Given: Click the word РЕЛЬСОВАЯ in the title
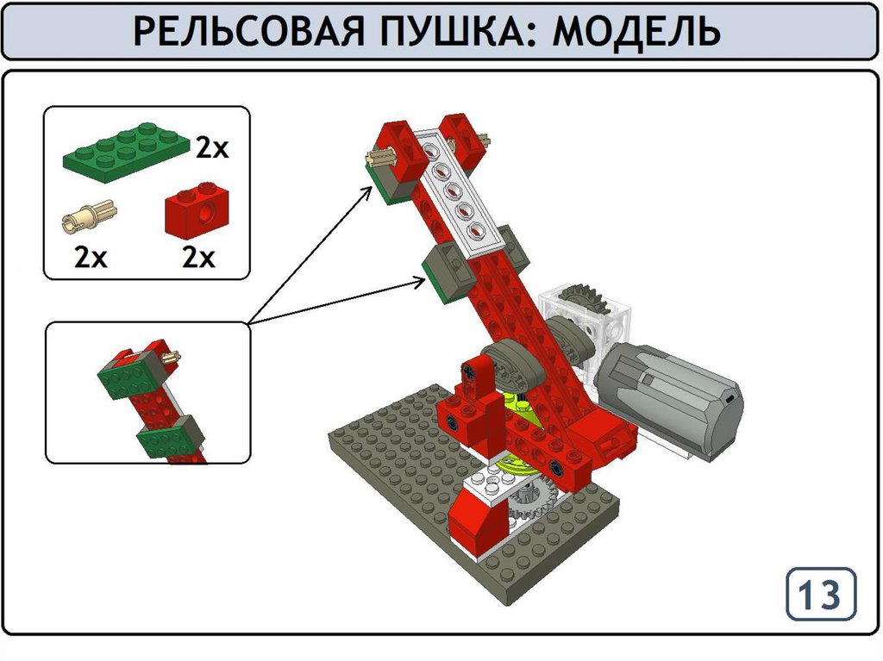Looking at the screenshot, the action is [x=248, y=31].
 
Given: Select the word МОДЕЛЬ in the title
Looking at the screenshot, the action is [x=636, y=32].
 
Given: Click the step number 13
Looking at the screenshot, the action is [x=820, y=595].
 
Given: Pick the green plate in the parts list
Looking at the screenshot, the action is [x=127, y=153].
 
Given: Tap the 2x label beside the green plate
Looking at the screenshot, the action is [x=212, y=148].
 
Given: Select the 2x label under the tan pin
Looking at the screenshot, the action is [x=90, y=258].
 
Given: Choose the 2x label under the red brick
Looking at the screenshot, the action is [x=198, y=258].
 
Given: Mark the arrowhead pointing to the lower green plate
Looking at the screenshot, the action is [x=420, y=282].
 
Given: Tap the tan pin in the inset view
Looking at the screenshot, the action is [x=172, y=356].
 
